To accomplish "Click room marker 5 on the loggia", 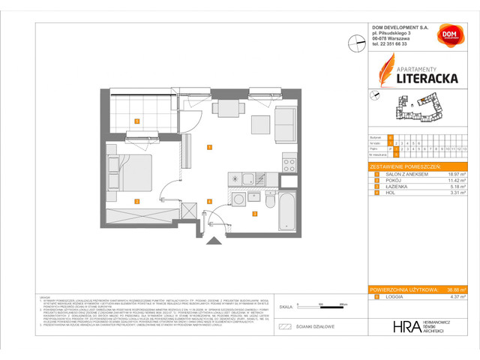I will pos(136,121).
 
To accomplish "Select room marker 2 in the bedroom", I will pos(136,201).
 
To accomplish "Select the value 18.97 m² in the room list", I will pos(457,173).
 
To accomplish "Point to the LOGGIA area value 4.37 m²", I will pos(458,297).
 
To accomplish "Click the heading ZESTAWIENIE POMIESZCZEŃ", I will pos(404,166).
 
